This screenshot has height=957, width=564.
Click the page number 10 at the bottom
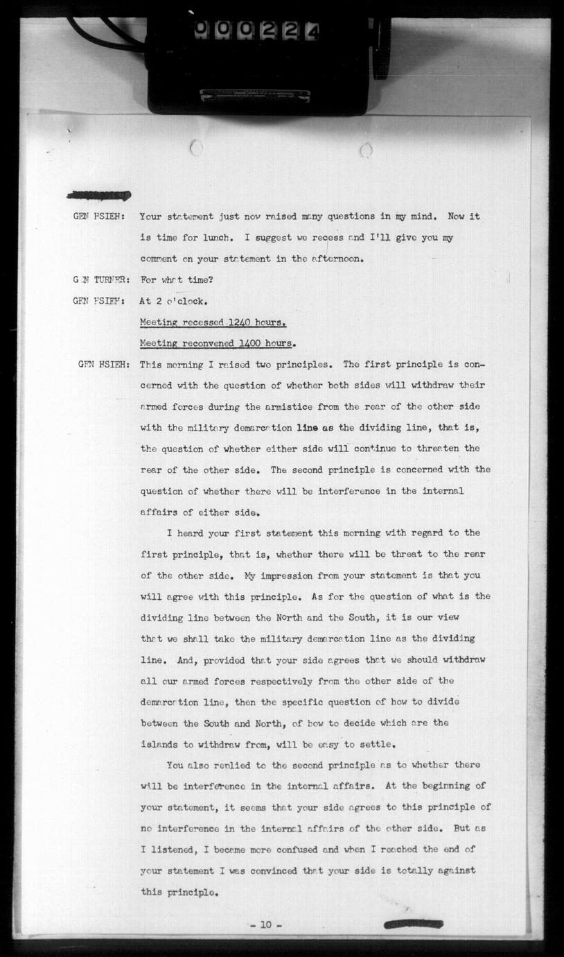[x=266, y=925]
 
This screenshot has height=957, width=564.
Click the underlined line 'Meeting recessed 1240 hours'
[x=213, y=322]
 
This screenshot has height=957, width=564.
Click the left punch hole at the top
[x=196, y=148]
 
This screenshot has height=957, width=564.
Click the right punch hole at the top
[x=366, y=150]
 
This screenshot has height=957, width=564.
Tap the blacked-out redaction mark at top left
[x=98, y=196]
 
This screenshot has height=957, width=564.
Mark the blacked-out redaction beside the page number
[x=414, y=924]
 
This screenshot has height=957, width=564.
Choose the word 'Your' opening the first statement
[x=150, y=216]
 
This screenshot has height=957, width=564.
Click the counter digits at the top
[x=256, y=29]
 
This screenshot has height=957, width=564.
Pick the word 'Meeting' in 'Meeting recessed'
[x=159, y=322]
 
